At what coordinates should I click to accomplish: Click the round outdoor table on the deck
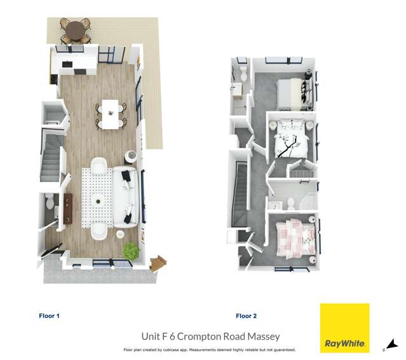click(76, 29)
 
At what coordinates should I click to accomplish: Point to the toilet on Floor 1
click(50, 202)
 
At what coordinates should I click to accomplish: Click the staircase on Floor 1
click(50, 156)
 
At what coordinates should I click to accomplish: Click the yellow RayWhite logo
click(344, 328)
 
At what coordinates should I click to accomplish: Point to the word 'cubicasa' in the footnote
click(186, 350)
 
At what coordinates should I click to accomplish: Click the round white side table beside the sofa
click(131, 155)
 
